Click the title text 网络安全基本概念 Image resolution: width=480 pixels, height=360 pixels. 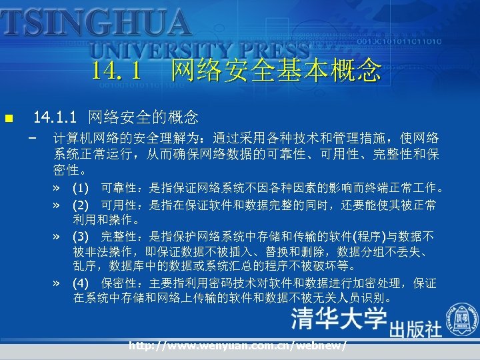tap(276, 69)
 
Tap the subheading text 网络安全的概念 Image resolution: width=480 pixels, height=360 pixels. tap(143, 118)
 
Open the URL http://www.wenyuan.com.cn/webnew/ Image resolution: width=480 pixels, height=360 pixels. tap(238, 346)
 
